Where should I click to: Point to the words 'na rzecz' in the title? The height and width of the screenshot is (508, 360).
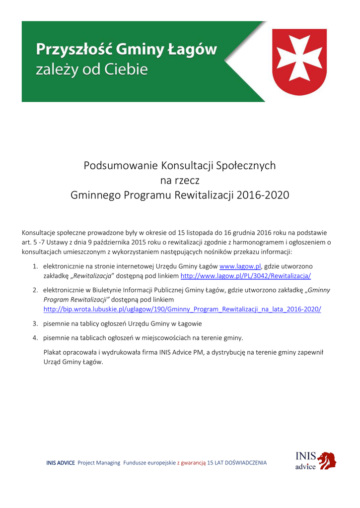point(179,180)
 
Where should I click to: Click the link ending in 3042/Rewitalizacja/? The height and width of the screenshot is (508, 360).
point(245,276)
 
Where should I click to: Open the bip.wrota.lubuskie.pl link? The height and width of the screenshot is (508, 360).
point(182,309)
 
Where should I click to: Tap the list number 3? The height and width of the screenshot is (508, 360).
point(36,323)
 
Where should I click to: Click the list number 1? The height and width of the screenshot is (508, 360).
point(36,266)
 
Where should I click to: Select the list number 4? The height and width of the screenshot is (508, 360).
point(36,338)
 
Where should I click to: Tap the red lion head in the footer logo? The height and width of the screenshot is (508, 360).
point(327,460)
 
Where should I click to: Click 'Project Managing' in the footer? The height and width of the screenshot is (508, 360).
point(99,463)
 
